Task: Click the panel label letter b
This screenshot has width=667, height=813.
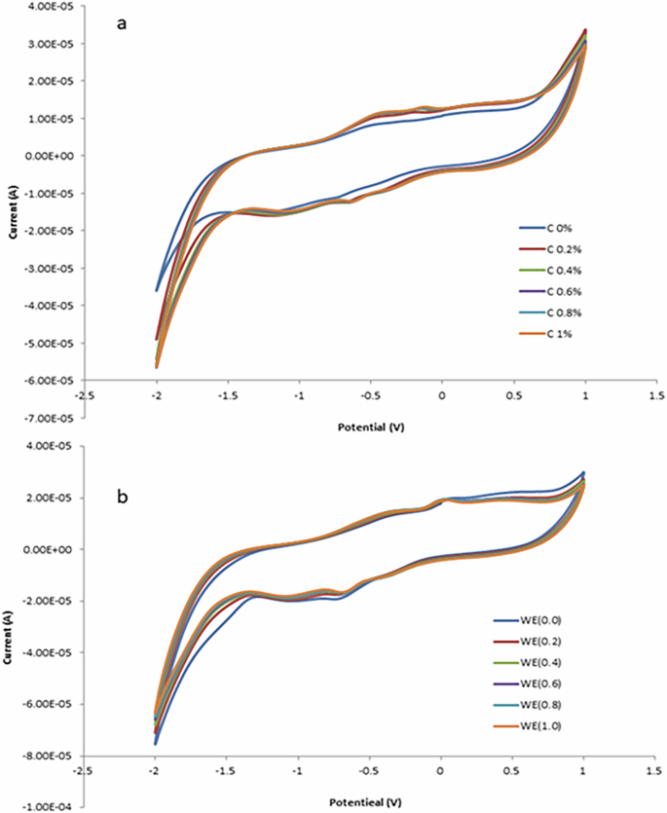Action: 124,497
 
